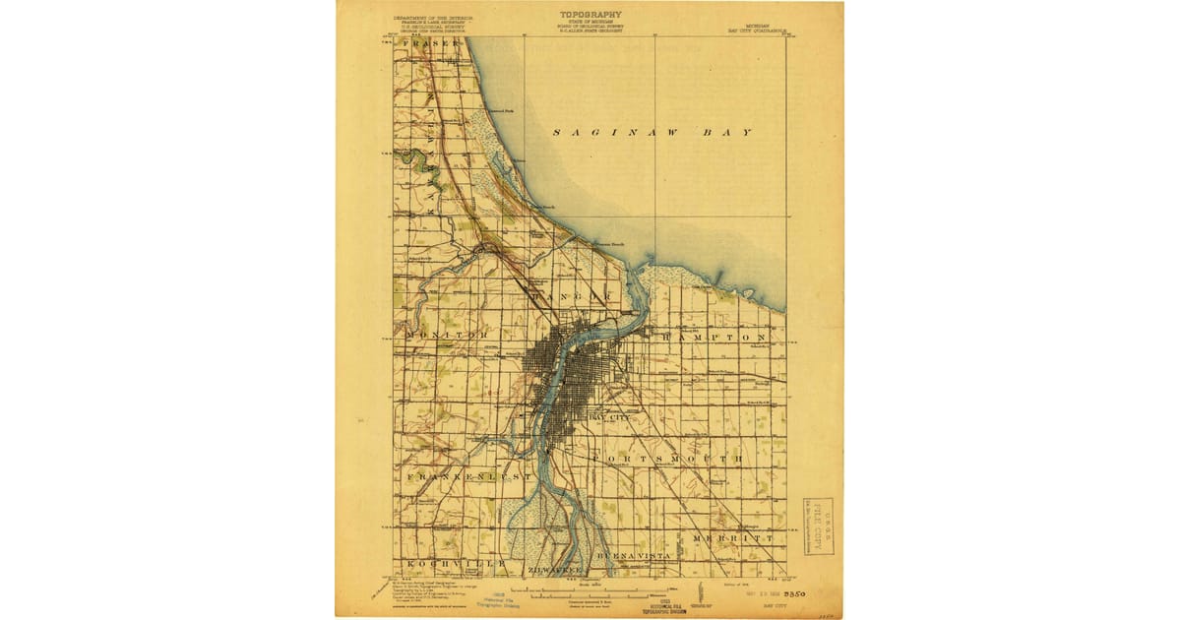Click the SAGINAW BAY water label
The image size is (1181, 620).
(x=652, y=132)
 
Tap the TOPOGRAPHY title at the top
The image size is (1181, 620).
(x=590, y=15)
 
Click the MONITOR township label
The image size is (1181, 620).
(x=445, y=336)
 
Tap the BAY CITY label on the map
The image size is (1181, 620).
(x=607, y=418)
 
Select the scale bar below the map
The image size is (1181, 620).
(x=589, y=593)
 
